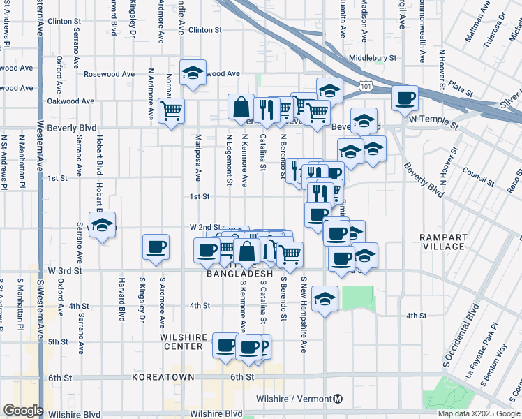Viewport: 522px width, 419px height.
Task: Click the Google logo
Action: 23,411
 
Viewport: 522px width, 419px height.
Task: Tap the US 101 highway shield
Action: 366,84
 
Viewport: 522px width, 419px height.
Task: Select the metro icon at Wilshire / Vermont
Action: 338,399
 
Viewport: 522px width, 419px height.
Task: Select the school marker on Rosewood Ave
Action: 192,72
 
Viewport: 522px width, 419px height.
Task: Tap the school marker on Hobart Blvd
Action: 103,225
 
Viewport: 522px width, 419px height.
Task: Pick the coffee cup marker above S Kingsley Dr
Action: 156,247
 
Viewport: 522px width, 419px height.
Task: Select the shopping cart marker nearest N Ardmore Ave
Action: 171,110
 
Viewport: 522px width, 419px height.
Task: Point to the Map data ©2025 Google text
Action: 479,413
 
